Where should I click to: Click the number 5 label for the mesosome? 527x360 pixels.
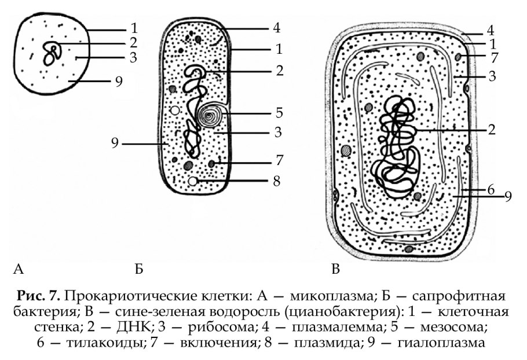[x=279, y=113]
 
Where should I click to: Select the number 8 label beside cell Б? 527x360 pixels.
[x=277, y=181]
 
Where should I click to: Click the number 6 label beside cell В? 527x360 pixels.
[x=491, y=190]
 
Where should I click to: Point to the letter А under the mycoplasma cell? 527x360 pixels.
[x=19, y=269]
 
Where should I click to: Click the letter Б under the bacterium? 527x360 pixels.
[x=139, y=269]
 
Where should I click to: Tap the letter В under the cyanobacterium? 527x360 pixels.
[x=335, y=269]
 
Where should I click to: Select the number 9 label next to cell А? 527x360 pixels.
[x=119, y=82]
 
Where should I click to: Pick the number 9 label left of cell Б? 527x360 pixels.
[x=115, y=144]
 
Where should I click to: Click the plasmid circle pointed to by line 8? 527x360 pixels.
[x=193, y=181]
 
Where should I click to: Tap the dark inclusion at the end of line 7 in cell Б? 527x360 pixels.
[x=212, y=164]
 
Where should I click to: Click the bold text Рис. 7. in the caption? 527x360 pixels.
[x=39, y=296]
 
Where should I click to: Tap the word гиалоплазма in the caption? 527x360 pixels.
[x=441, y=343]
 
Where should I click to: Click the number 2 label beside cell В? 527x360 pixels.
[x=492, y=130]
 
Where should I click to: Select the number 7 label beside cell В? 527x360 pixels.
[x=494, y=58]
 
